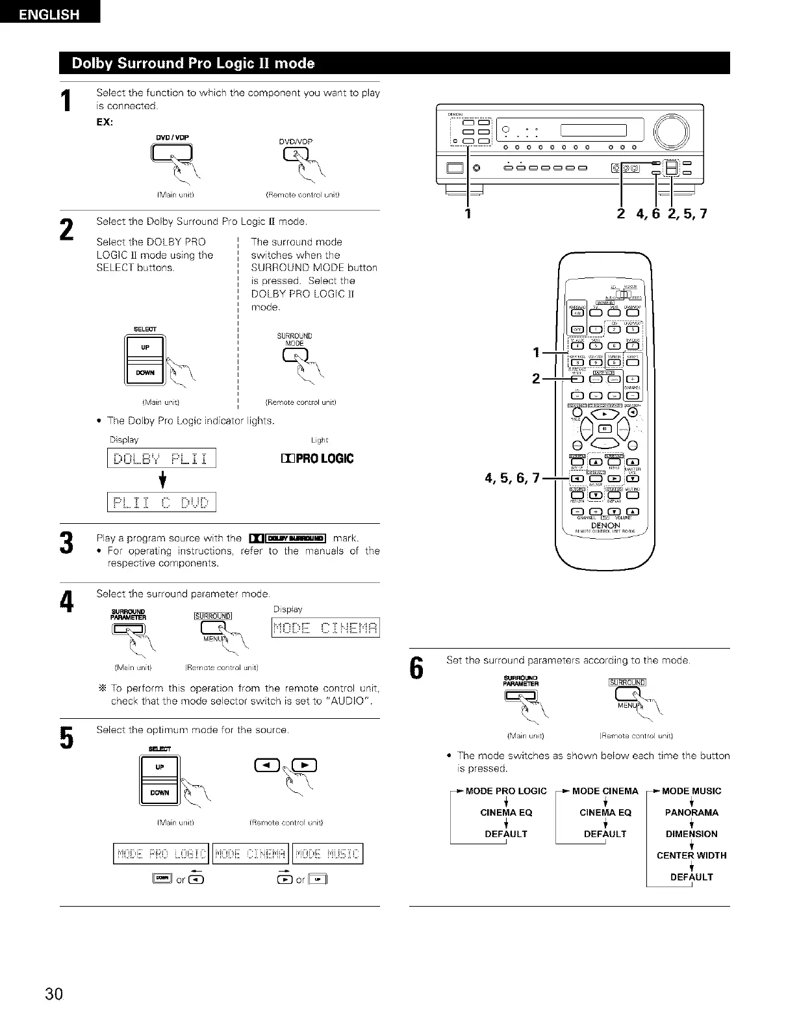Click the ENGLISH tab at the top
pos(49,14)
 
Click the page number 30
pos(54,994)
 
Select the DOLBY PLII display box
pos(161,458)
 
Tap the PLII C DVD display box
pos(161,502)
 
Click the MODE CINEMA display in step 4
pos(325,628)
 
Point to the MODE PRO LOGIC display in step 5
pos(161,853)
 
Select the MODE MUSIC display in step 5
pos(328,853)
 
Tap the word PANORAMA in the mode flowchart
pos(691,812)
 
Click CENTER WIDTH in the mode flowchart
pos(691,855)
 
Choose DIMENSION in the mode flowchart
pos(691,834)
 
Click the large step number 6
pos(418,669)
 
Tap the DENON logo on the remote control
pos(605,524)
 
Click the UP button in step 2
pos(145,348)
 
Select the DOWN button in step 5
pos(160,792)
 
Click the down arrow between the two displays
pos(160,480)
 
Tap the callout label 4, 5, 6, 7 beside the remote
pos(512,479)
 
